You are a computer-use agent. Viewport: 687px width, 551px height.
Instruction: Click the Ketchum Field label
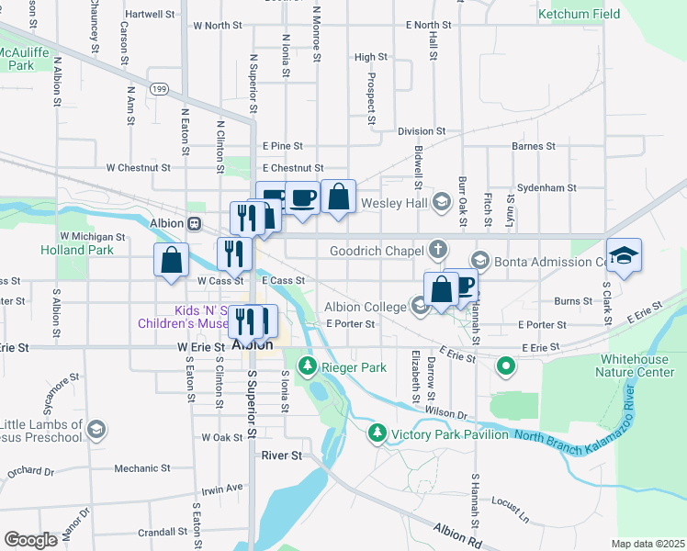coord(579,14)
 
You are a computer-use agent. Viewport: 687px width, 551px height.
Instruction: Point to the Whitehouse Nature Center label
coord(629,365)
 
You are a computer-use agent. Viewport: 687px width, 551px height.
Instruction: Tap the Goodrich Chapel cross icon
coord(439,250)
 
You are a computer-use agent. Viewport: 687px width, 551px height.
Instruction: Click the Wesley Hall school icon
coord(440,202)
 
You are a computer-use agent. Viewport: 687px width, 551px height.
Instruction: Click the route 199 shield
coord(160,89)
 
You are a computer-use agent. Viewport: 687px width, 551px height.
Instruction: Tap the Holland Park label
coord(76,250)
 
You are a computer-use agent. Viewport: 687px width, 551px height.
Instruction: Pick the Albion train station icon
coord(194,224)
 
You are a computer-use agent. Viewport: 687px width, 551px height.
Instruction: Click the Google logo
coord(30,540)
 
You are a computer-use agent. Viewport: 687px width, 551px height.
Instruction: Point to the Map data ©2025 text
coord(648,544)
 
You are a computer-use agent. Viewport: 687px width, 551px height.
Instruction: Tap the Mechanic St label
coord(142,468)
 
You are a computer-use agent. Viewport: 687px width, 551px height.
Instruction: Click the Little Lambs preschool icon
coord(96,429)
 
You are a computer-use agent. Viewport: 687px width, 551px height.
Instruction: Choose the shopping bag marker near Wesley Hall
coord(338,197)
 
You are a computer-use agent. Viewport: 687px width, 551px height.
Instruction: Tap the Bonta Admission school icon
coord(479,261)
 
